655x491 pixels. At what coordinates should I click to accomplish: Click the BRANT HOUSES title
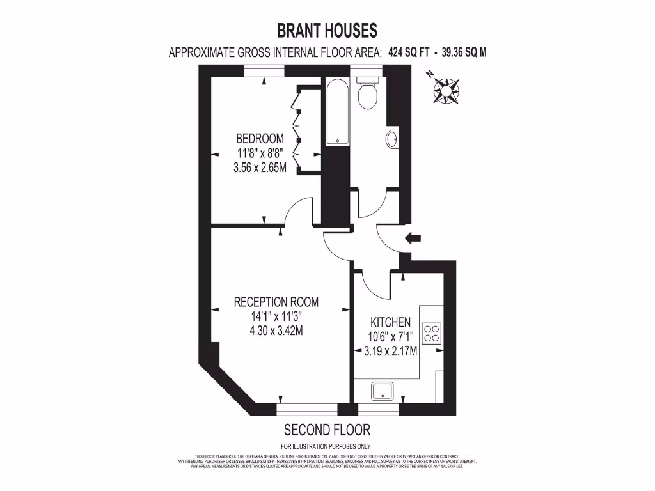coord(327,30)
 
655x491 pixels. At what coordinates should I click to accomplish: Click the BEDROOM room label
coord(260,139)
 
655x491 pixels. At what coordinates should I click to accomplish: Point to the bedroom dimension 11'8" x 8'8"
coord(260,153)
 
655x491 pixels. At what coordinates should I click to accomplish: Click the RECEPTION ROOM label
coord(276,302)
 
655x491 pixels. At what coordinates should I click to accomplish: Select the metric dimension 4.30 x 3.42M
coord(276,331)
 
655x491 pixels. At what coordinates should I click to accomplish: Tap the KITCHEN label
coord(390,322)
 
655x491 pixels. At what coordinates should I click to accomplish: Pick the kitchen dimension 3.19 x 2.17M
coord(390,351)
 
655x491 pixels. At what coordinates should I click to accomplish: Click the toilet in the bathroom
coord(367,94)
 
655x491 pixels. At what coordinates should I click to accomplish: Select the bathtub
coord(336,113)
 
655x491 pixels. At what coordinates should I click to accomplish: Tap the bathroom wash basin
coord(393,139)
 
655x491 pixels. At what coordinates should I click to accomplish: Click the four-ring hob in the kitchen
coord(432,332)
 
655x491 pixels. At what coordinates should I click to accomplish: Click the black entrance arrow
coord(413,238)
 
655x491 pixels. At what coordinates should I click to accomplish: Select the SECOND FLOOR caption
coord(327,430)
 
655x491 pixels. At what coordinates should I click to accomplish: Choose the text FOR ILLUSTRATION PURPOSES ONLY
coord(327,446)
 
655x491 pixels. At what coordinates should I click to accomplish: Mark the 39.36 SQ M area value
coord(462,53)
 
